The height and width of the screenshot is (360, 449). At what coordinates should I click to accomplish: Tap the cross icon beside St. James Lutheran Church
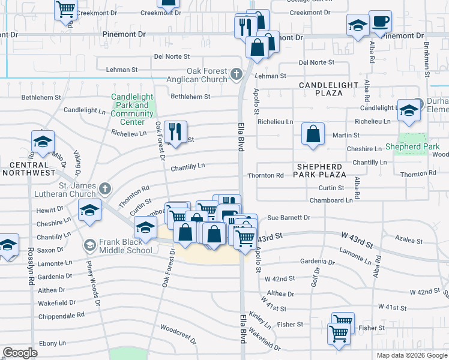[x=105, y=189]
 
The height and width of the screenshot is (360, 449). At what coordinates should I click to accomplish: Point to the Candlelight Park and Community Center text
[x=132, y=109]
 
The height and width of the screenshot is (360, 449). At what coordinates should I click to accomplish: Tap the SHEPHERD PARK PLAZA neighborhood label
[x=319, y=170]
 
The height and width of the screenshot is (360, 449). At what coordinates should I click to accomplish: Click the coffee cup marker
[x=380, y=22]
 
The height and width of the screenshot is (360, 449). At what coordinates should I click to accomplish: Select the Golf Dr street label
[x=315, y=277]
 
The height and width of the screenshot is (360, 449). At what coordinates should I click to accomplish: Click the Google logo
[x=20, y=353]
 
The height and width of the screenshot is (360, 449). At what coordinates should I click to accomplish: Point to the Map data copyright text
[x=412, y=355]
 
